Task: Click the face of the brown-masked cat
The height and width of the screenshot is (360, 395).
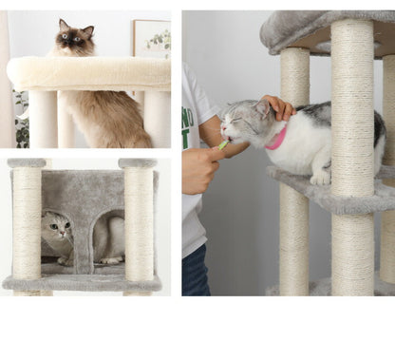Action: tap(71, 39)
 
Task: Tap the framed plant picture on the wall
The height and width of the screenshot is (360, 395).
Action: tap(152, 38)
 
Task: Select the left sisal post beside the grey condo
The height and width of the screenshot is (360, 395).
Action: tap(28, 224)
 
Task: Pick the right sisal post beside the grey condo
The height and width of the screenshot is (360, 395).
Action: tap(139, 224)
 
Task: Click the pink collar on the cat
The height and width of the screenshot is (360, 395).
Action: tap(277, 139)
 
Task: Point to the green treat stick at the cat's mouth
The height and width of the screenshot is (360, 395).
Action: tap(223, 144)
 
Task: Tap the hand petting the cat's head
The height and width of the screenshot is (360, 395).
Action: tap(279, 106)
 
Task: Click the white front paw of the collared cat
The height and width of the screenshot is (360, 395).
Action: tap(320, 176)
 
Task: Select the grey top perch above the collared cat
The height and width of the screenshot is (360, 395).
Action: tap(323, 28)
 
